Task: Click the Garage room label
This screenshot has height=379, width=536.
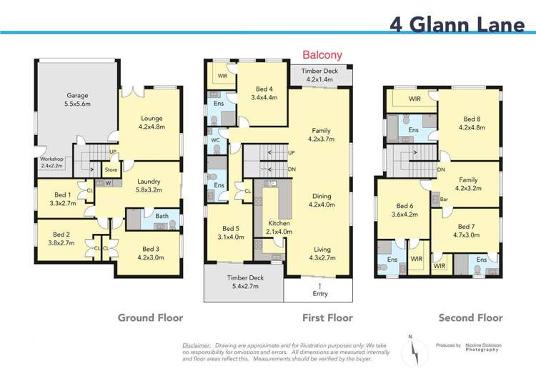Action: click(77, 99)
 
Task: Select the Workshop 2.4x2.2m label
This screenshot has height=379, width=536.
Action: click(52, 162)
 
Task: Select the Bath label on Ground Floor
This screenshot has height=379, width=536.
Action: click(162, 215)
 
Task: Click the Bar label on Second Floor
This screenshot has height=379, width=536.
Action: click(443, 200)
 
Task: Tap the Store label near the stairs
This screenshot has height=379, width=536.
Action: click(110, 170)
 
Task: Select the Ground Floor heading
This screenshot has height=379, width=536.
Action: click(150, 318)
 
